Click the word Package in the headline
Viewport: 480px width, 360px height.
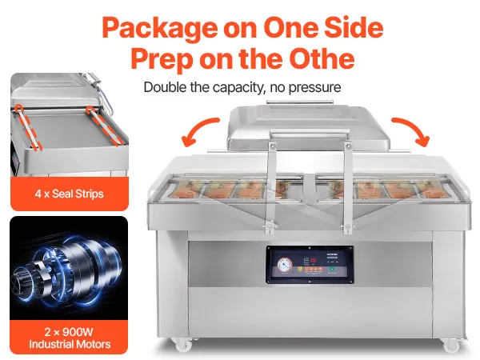click(x=160, y=29)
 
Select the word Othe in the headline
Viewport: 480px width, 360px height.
click(x=322, y=58)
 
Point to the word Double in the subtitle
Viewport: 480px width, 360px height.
click(x=166, y=87)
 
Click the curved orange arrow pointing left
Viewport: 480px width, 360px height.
click(x=199, y=131)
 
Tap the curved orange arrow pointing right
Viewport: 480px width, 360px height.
click(x=411, y=131)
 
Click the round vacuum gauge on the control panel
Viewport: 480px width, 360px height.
click(x=285, y=264)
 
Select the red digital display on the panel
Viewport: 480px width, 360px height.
click(x=313, y=261)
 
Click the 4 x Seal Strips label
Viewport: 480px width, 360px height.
click(x=69, y=194)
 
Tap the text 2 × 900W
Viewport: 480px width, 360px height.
click(x=69, y=332)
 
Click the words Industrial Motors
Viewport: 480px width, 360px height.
click(x=70, y=344)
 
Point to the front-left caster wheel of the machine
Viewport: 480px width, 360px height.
click(x=184, y=344)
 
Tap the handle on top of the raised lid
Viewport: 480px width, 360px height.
click(x=300, y=102)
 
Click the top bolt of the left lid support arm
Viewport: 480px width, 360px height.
click(x=273, y=146)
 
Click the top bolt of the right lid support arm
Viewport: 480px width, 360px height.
click(x=348, y=147)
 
